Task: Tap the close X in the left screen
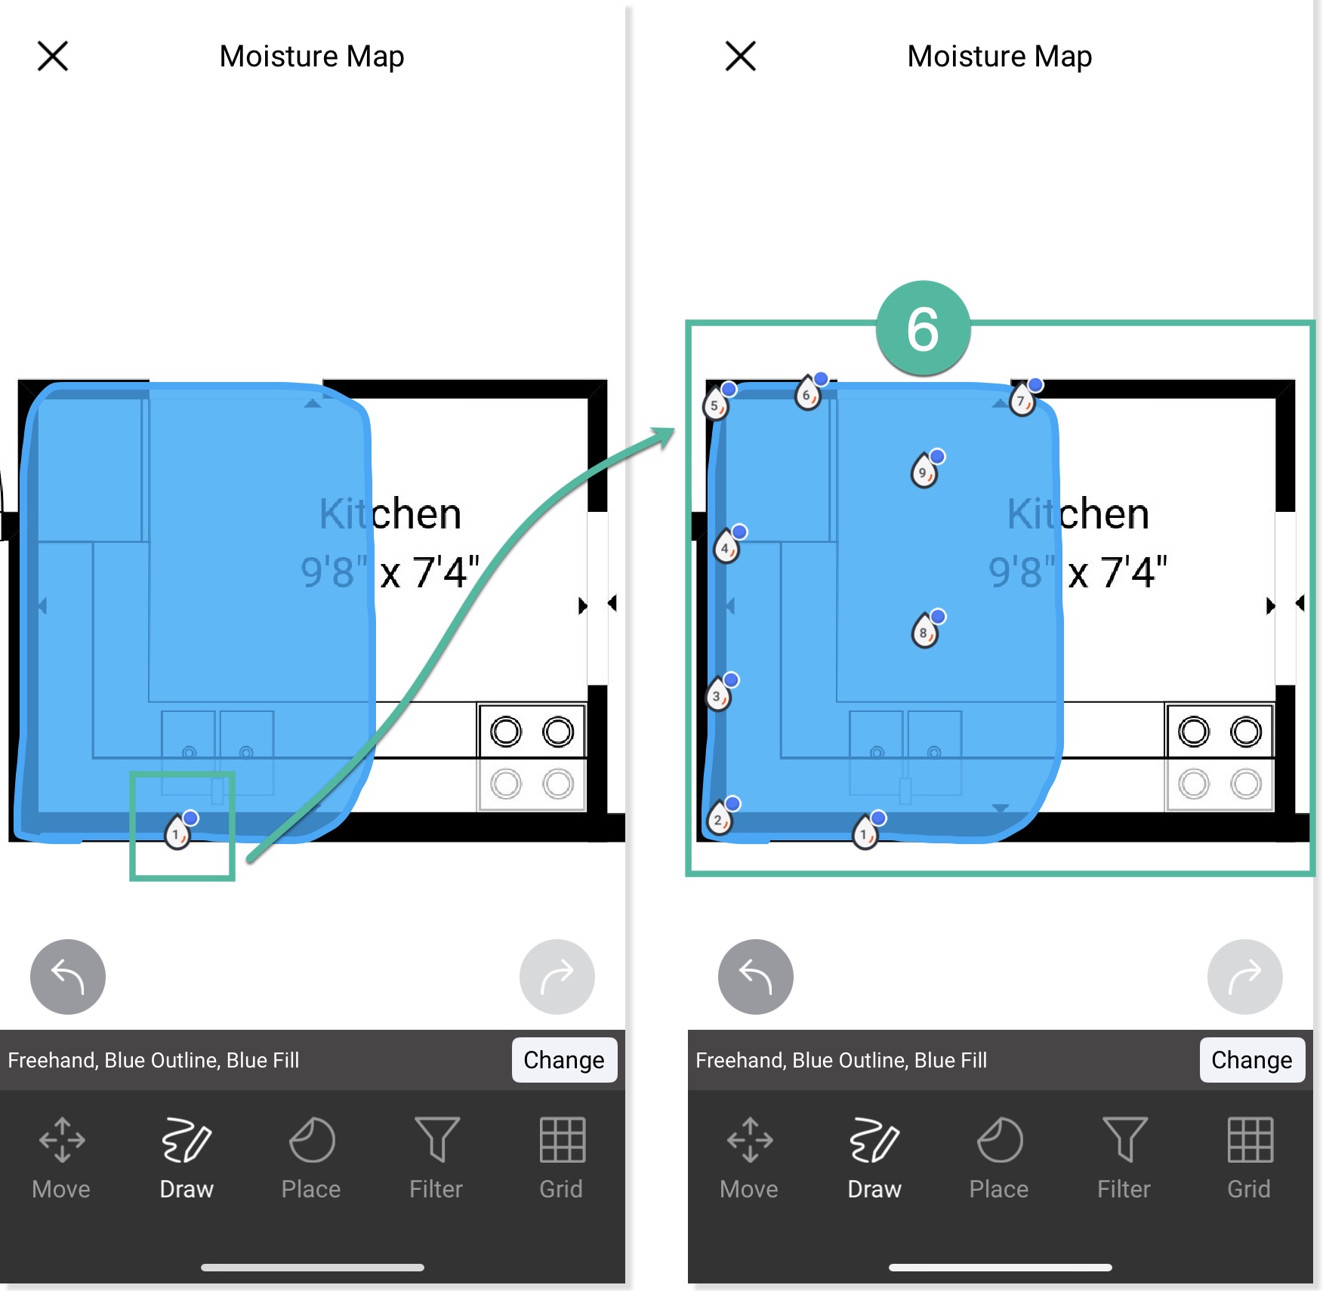pos(53,57)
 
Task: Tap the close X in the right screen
pos(740,57)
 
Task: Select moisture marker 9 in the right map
pos(924,471)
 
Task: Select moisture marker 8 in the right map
pos(924,631)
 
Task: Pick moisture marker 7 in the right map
pos(1022,399)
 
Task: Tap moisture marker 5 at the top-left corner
pos(715,404)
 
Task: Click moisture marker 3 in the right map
pos(717,695)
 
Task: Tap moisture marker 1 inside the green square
pos(177,833)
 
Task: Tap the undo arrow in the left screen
pos(68,976)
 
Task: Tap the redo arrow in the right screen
pos(1244,976)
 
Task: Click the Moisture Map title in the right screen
pos(999,57)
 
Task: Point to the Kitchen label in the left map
pos(390,514)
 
